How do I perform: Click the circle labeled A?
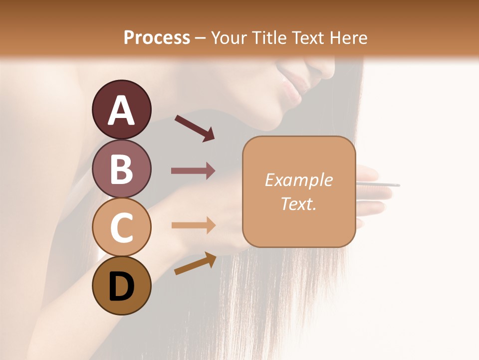(121, 109)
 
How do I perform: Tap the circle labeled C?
(121, 227)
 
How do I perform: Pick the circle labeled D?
(121, 285)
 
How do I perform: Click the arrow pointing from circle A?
(195, 128)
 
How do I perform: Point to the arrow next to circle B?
(193, 171)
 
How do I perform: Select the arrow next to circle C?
(193, 225)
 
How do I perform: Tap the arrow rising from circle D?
(195, 263)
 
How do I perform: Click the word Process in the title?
(157, 37)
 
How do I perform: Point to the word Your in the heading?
(228, 37)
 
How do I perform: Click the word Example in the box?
(298, 180)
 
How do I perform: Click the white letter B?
(121, 168)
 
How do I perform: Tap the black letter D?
(121, 286)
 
